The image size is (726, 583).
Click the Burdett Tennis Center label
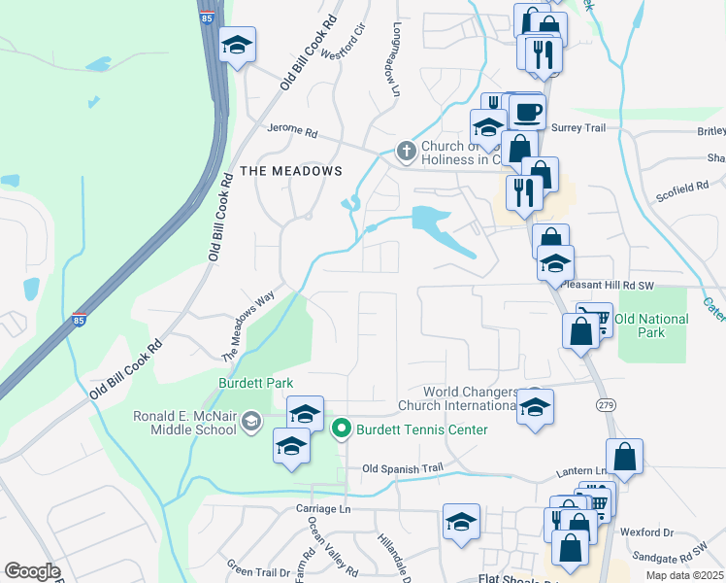click(x=421, y=429)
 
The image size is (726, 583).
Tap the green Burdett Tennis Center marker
click(x=342, y=428)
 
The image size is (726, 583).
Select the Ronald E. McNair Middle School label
click(x=184, y=423)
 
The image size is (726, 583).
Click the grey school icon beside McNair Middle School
click(x=251, y=421)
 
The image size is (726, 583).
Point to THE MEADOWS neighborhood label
click(x=291, y=171)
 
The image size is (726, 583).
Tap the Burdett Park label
click(x=256, y=383)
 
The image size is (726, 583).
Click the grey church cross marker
click(x=406, y=151)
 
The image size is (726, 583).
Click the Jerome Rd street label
click(x=292, y=131)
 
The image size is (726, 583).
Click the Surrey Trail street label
click(x=578, y=128)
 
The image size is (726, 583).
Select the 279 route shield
click(x=605, y=403)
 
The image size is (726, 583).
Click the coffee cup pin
click(x=527, y=113)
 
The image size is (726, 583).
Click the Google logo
click(x=32, y=571)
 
